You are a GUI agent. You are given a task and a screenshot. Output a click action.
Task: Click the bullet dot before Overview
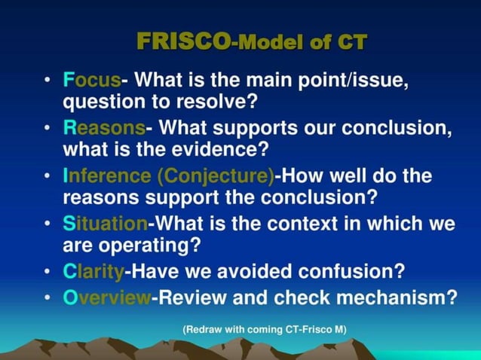48,297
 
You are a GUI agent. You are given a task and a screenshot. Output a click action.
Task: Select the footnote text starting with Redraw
263,329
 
